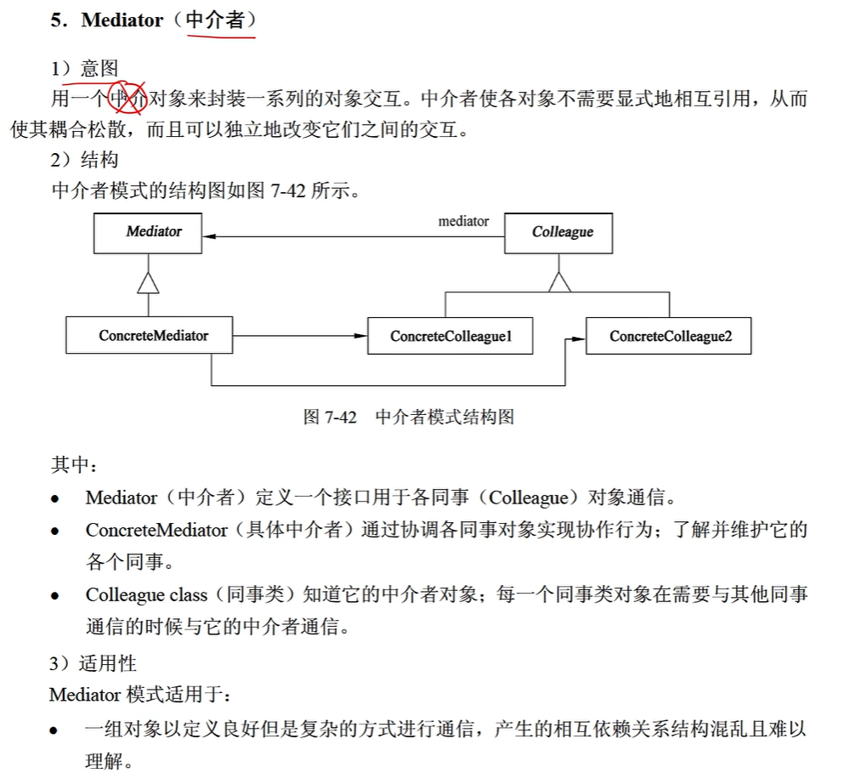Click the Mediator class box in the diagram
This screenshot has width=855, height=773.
point(149,231)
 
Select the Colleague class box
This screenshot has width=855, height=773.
point(558,232)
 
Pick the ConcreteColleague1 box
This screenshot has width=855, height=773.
point(450,337)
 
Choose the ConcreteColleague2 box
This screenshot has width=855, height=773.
point(669,337)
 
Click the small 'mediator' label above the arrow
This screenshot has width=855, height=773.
point(463,221)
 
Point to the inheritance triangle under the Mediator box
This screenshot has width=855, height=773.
point(149,282)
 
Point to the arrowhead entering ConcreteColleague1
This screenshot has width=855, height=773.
point(360,337)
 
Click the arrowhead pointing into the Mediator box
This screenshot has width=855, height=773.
point(210,236)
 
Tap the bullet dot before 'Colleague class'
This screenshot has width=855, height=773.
point(55,596)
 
